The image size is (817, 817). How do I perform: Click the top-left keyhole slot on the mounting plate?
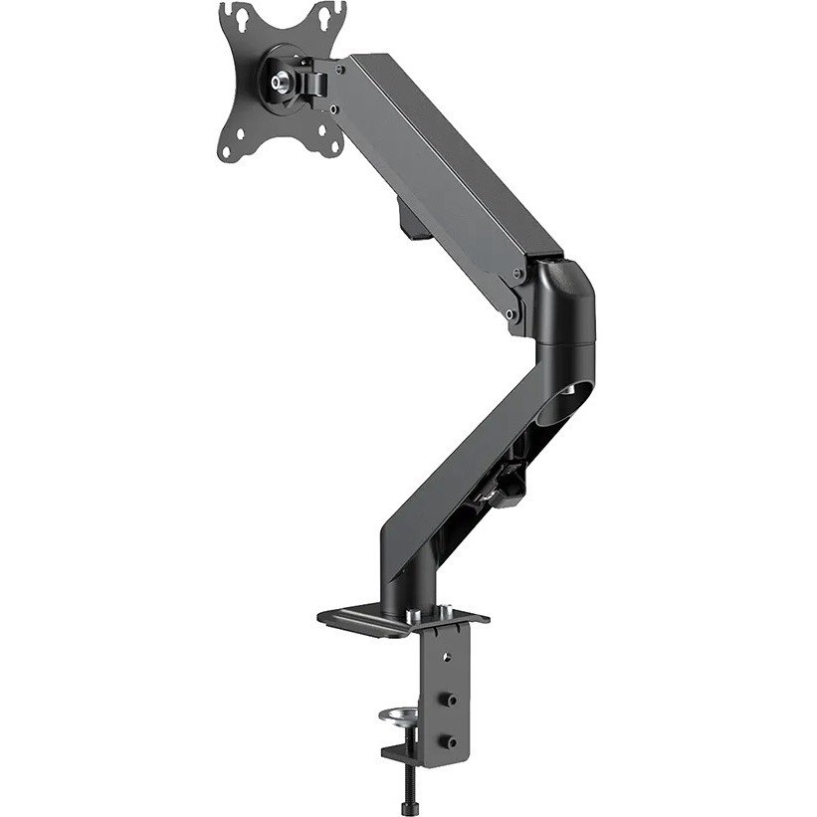click(x=236, y=17)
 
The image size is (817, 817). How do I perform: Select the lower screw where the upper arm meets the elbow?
click(x=511, y=313)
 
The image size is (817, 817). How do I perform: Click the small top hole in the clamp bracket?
click(x=446, y=656)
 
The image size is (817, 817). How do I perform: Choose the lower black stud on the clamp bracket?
click(x=455, y=741)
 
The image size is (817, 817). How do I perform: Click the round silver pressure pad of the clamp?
click(x=402, y=715)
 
